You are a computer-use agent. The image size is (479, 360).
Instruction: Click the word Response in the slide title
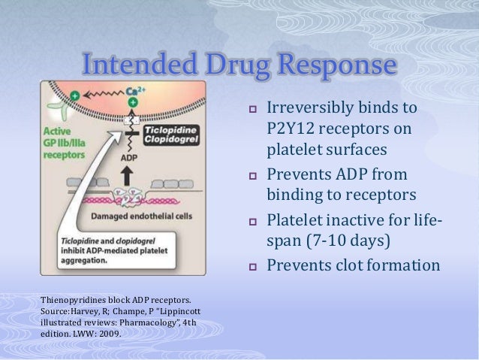coord(339,66)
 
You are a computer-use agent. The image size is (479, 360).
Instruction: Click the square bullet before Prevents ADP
coord(253,176)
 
